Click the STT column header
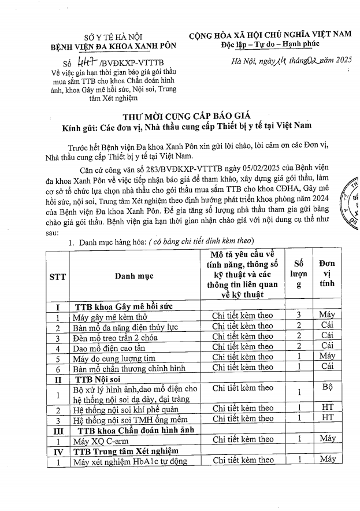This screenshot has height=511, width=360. coord(58,276)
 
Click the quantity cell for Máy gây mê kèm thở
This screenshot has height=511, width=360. coord(298,316)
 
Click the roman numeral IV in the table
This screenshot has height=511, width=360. coord(58,450)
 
